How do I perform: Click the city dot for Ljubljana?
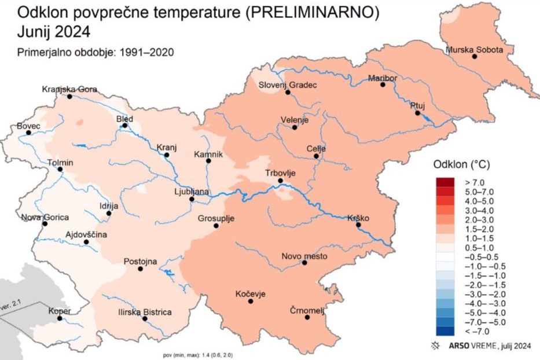point(192,200)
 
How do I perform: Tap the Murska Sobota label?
point(475,49)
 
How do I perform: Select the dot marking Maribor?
point(383,85)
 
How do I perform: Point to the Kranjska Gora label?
point(69,89)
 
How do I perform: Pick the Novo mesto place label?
point(304,256)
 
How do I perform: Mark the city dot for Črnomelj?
point(307,317)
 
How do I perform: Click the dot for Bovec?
point(28,133)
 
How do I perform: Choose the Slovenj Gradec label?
point(288,85)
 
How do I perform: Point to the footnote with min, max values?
point(198,355)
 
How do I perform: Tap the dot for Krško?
point(358,226)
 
